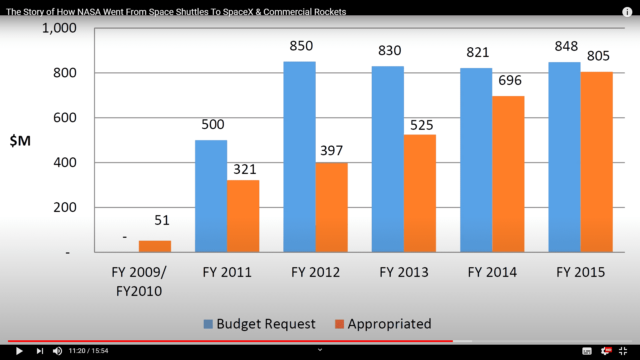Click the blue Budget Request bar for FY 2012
(x=299, y=157)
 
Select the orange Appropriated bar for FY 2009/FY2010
(x=155, y=246)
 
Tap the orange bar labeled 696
(x=508, y=173)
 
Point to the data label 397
(x=331, y=151)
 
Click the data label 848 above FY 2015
(x=566, y=46)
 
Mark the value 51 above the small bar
(x=162, y=220)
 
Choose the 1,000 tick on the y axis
(x=59, y=28)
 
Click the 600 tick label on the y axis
(x=65, y=118)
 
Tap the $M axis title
(x=20, y=141)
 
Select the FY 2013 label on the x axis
(x=404, y=272)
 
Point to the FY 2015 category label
(x=580, y=272)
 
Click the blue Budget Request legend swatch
(x=208, y=324)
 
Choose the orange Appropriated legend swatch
(x=339, y=324)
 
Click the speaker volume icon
(x=57, y=351)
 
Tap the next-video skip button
(x=40, y=351)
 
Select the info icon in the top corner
(x=627, y=12)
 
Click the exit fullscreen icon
(x=623, y=351)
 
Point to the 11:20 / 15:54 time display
(x=88, y=351)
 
